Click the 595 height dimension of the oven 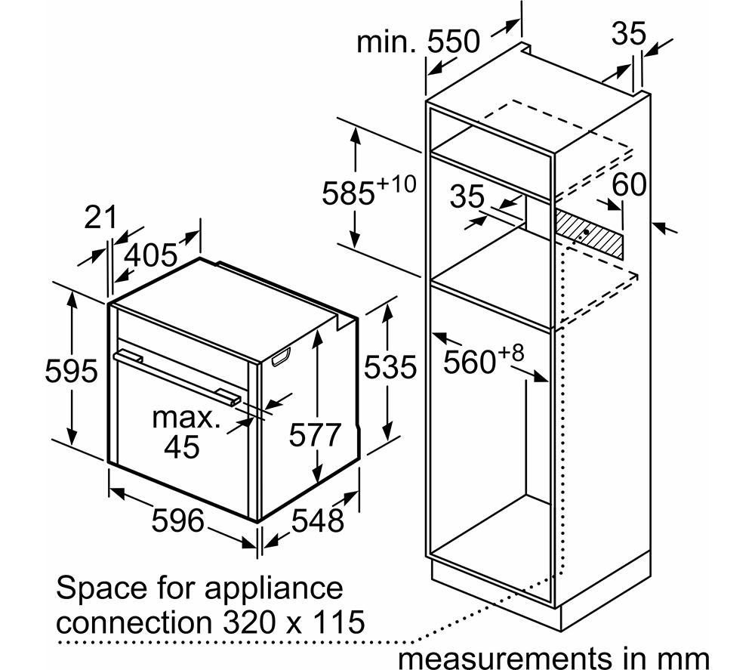[x=71, y=372]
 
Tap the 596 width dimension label [x=177, y=520]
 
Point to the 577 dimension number [x=315, y=434]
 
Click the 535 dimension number [x=390, y=367]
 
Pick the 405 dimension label [x=151, y=255]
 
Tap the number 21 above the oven [x=100, y=218]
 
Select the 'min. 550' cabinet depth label [x=418, y=41]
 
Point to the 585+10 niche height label [x=368, y=191]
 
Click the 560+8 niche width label [x=483, y=359]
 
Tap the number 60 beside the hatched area [x=628, y=184]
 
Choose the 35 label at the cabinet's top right [x=628, y=34]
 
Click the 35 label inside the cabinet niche [x=467, y=196]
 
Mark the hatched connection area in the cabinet [x=588, y=235]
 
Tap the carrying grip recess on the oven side [x=281, y=357]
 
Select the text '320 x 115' [x=292, y=622]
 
